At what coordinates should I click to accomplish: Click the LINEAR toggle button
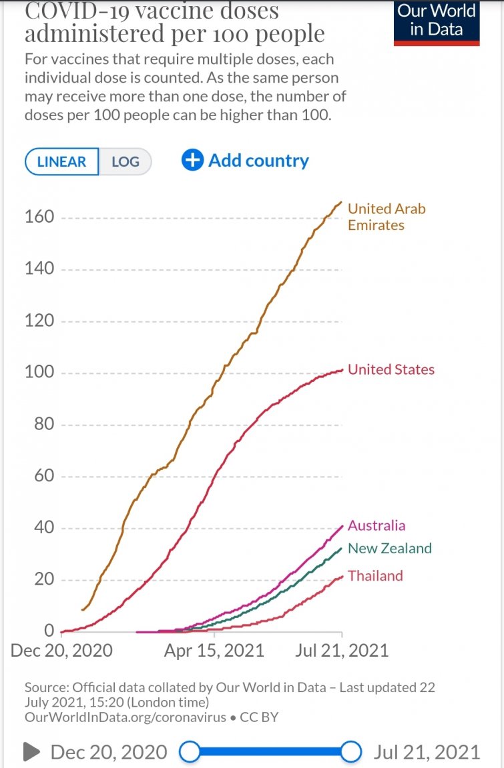tap(62, 162)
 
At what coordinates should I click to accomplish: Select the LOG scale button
tap(125, 162)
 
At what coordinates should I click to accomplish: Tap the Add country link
tap(246, 161)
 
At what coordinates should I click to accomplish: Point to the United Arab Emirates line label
tap(386, 217)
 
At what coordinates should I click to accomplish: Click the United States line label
tap(391, 369)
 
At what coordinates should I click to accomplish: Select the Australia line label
tap(376, 525)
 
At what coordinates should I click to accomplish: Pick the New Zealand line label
tap(390, 549)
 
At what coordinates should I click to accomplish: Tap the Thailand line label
tap(375, 576)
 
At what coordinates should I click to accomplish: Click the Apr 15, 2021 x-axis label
tap(214, 651)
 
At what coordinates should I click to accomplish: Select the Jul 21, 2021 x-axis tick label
tap(342, 651)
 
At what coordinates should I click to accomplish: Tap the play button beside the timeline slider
tap(31, 752)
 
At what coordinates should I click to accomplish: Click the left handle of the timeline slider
tap(190, 752)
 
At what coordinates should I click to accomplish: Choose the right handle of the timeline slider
tap(351, 752)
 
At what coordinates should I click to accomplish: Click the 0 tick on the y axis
tap(49, 631)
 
